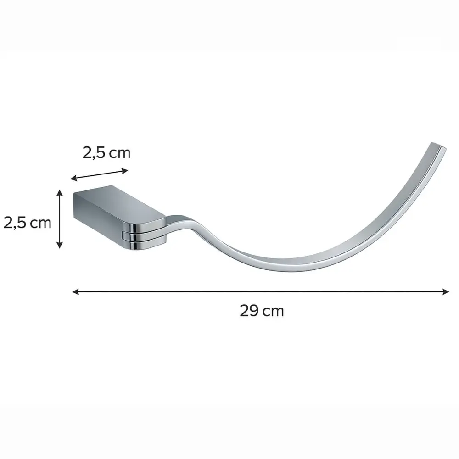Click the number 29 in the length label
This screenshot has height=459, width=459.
point(249,311)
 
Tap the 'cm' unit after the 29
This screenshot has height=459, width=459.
point(273,312)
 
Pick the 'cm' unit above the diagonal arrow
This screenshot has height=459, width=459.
point(119,154)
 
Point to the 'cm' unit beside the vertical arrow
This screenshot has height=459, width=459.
point(40,224)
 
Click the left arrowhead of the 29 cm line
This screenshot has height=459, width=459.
point(76,291)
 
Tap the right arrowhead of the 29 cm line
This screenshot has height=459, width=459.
point(446,291)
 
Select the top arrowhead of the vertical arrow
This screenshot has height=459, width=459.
point(59,193)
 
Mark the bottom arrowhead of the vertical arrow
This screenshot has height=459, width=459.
point(59,245)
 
